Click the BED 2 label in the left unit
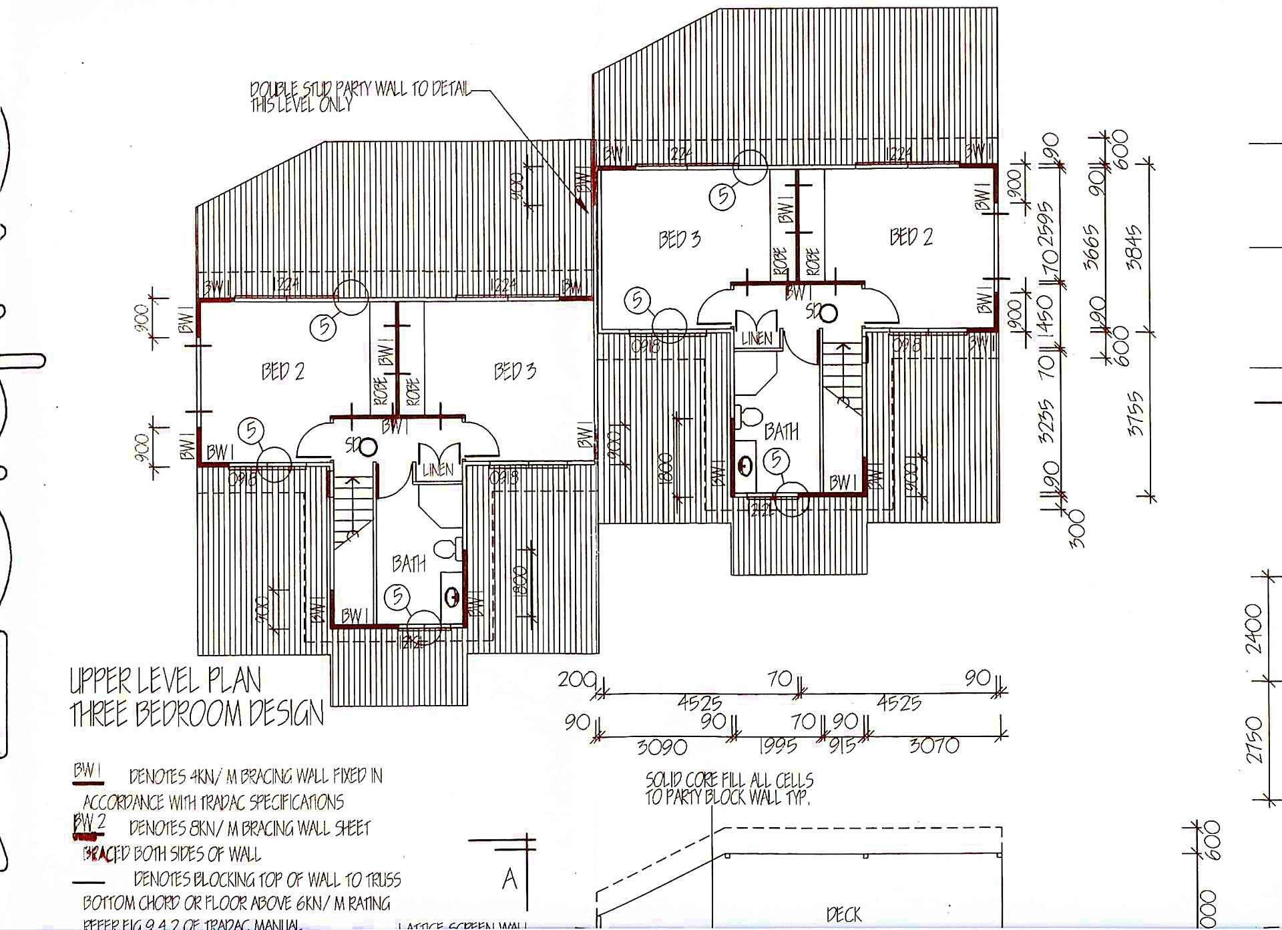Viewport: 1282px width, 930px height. pyautogui.click(x=283, y=371)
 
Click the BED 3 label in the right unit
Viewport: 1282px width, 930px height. pyautogui.click(x=680, y=239)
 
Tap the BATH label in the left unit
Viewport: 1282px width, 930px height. pyautogui.click(x=409, y=563)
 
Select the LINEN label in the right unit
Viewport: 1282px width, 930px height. pyautogui.click(x=757, y=338)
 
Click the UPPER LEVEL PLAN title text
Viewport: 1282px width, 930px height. pyautogui.click(x=166, y=681)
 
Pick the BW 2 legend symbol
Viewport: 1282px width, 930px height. pyautogui.click(x=89, y=825)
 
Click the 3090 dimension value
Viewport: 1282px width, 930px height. pyautogui.click(x=662, y=746)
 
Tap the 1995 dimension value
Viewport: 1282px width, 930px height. pyautogui.click(x=778, y=746)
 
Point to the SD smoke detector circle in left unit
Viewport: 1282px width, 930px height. pyautogui.click(x=368, y=447)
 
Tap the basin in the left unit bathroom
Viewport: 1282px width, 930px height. pyautogui.click(x=452, y=596)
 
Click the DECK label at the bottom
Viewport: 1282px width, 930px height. pyautogui.click(x=843, y=914)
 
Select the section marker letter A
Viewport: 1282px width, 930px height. pyautogui.click(x=509, y=879)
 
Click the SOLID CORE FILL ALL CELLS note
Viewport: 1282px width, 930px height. pyautogui.click(x=729, y=788)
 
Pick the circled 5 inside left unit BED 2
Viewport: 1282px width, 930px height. pyautogui.click(x=251, y=431)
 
